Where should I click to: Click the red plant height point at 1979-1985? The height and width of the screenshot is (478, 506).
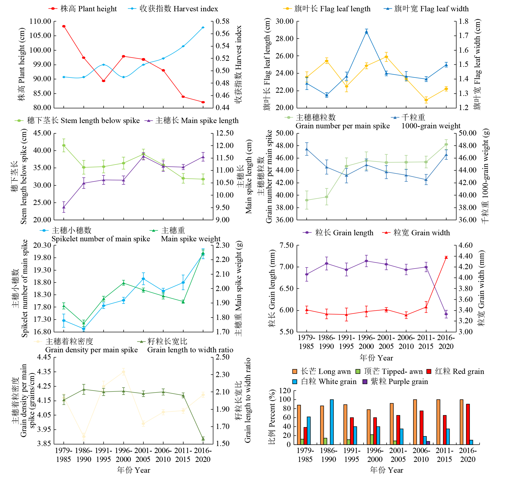click(64, 26)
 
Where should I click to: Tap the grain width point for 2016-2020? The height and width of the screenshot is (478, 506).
click(446, 257)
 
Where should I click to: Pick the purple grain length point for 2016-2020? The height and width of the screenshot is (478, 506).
click(446, 314)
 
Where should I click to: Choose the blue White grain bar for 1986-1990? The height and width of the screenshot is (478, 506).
click(332, 422)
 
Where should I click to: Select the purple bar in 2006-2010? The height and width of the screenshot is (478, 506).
click(428, 443)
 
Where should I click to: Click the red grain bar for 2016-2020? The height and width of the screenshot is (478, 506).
click(468, 424)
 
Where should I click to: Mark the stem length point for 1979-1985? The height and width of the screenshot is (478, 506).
click(64, 145)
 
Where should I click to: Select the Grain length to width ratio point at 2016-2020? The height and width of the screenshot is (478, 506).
click(203, 439)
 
